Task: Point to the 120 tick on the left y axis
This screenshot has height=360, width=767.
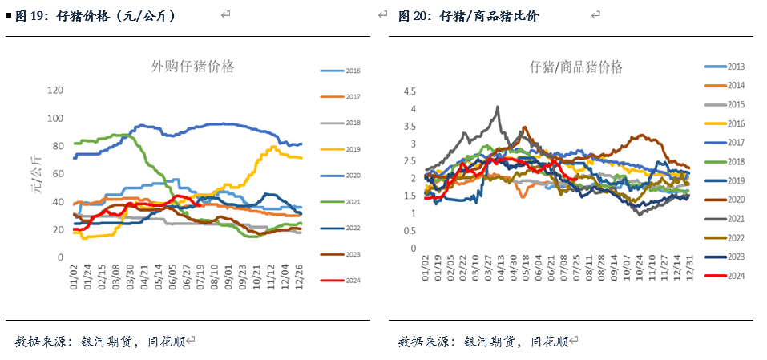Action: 56,91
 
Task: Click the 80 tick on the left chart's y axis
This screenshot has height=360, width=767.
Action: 59,146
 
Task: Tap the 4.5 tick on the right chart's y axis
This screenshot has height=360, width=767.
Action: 410,91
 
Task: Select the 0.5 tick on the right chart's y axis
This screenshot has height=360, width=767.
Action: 410,231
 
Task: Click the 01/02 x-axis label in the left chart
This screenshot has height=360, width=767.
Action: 75,278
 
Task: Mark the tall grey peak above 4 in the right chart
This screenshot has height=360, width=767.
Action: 498,107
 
